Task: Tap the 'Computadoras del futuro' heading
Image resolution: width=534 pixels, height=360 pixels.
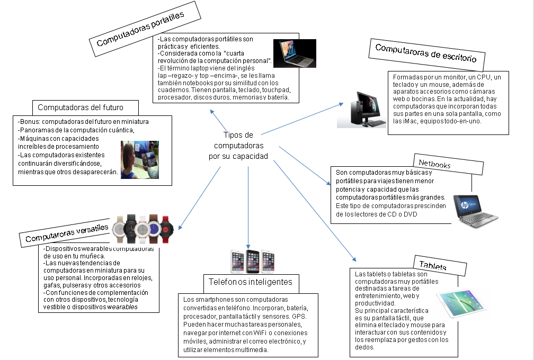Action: (x=85, y=107)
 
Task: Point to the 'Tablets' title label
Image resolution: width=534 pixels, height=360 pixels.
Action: (x=433, y=264)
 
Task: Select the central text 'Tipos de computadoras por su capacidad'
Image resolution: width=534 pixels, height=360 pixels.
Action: (x=238, y=146)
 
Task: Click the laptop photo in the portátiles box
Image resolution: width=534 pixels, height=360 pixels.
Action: (x=294, y=53)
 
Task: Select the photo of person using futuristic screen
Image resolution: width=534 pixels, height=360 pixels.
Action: (x=139, y=159)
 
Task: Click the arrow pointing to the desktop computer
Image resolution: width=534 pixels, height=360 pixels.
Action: (x=302, y=118)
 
